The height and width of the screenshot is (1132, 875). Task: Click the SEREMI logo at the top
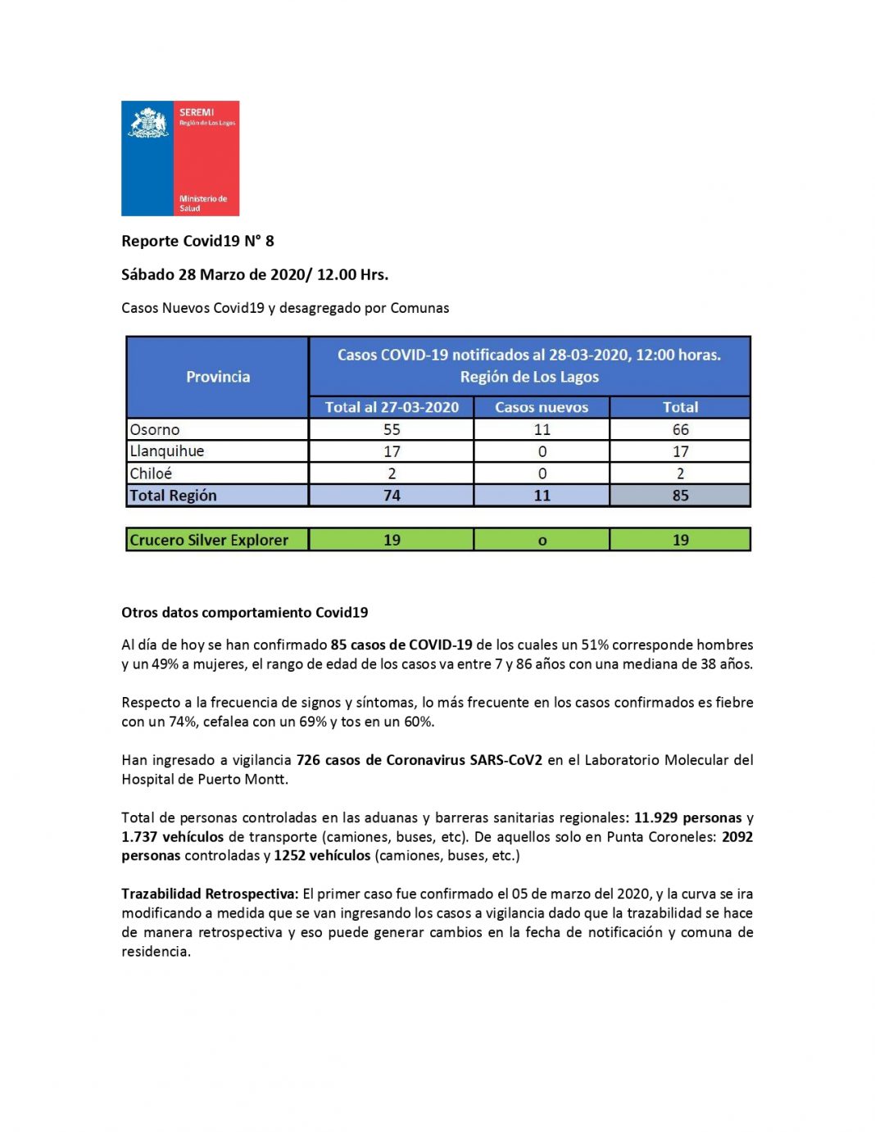click(180, 158)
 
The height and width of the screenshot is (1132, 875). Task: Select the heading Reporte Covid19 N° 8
click(197, 241)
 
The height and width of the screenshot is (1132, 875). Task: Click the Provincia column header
click(218, 377)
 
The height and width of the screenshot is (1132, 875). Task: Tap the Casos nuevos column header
click(542, 407)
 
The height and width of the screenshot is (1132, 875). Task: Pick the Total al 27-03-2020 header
click(392, 407)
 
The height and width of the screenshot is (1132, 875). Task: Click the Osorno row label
click(155, 429)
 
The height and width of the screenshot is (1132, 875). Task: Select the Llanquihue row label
click(167, 451)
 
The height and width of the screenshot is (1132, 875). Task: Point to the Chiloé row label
click(151, 473)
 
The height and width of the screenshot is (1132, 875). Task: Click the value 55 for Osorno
click(392, 429)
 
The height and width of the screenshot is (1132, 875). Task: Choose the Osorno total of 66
click(680, 429)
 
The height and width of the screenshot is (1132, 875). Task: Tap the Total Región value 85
click(680, 496)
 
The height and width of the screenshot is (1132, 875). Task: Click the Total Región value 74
click(392, 496)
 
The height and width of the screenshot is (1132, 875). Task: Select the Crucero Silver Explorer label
click(209, 540)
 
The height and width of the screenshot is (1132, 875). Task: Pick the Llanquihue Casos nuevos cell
click(542, 451)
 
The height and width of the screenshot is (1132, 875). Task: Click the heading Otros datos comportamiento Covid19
click(245, 613)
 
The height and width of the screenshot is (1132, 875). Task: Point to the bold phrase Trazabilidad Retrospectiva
click(210, 894)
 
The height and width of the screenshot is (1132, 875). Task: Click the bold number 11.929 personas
click(687, 817)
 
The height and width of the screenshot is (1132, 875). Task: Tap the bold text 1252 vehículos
click(322, 855)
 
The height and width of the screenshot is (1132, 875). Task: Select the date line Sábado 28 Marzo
click(255, 274)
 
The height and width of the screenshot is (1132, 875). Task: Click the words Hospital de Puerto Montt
click(204, 779)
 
